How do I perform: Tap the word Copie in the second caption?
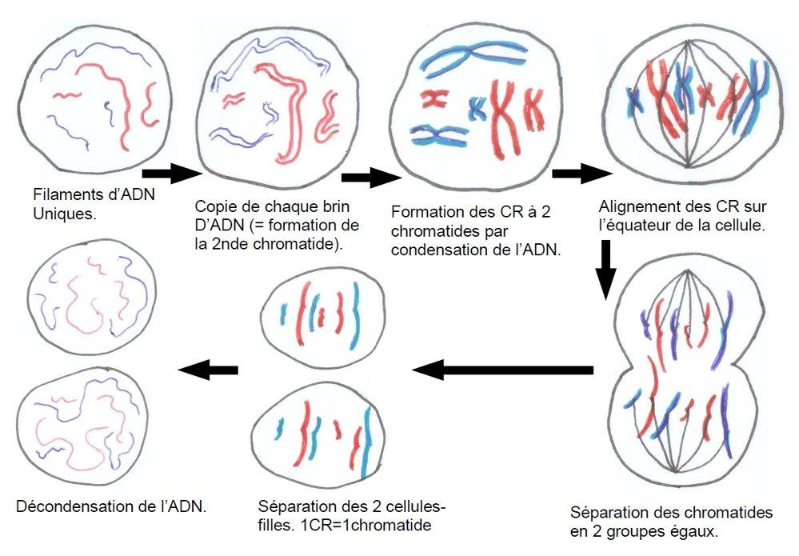coord(215,206)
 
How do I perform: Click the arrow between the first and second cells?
coord(169,172)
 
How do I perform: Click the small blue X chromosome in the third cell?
coord(477,107)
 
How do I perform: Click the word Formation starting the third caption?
coord(425,212)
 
